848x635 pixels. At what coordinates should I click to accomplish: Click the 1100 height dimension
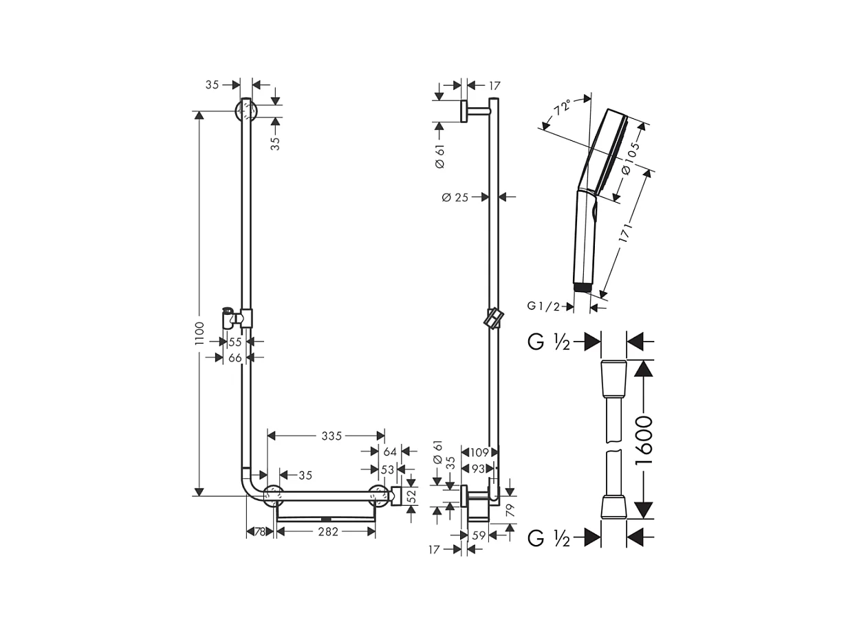(x=199, y=333)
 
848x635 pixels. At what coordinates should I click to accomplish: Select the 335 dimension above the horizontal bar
(x=331, y=436)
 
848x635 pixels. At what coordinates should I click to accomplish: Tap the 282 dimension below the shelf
(x=327, y=532)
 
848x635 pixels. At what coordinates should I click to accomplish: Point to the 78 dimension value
(x=260, y=532)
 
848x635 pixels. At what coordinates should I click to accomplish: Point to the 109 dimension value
(x=479, y=452)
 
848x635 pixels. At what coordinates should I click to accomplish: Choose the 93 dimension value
(x=479, y=469)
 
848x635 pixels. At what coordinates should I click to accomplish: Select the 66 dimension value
(x=235, y=357)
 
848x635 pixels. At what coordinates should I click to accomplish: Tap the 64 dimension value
(x=390, y=452)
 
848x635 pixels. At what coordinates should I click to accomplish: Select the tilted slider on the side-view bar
(x=494, y=320)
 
